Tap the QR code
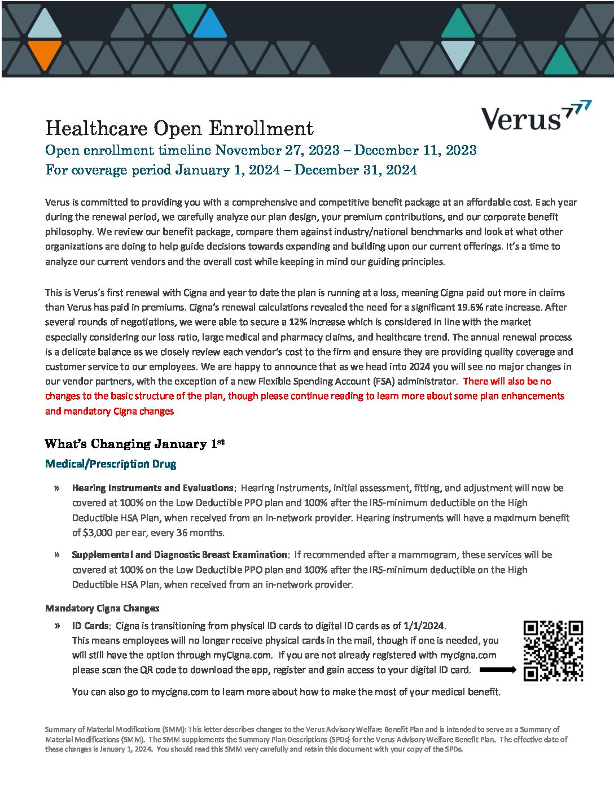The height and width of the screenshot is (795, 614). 553,651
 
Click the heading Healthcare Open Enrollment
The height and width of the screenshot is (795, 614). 179,128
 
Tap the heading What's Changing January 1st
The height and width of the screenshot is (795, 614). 134,444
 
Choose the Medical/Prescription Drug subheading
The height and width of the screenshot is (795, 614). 111,464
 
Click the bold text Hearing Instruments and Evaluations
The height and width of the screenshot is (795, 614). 152,488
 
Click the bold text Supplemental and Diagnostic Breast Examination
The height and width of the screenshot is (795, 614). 179,554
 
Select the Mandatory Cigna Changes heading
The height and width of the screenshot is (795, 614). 102,608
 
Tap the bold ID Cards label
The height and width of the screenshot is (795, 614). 90,626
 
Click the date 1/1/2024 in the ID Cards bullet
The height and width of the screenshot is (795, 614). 423,626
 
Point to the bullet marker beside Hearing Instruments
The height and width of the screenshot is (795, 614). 57,488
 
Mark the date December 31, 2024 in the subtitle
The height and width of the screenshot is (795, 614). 356,170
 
